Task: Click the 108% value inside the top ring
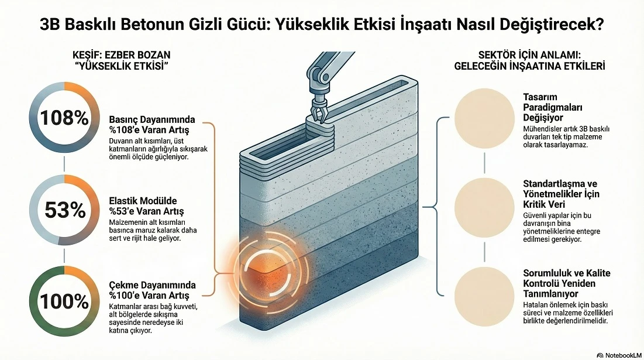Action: (x=64, y=117)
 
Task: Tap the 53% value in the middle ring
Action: (x=64, y=210)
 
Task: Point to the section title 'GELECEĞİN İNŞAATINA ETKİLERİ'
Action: (x=529, y=66)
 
